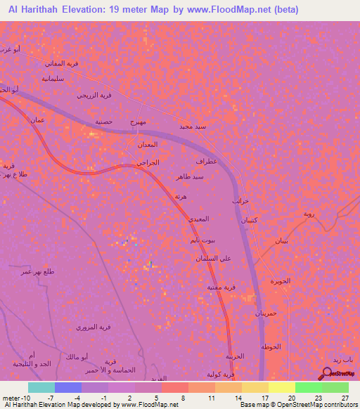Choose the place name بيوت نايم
point(203,240)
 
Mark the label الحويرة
point(281,281)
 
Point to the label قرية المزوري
point(96,327)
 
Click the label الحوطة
point(271,348)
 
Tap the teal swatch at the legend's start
point(41,387)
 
